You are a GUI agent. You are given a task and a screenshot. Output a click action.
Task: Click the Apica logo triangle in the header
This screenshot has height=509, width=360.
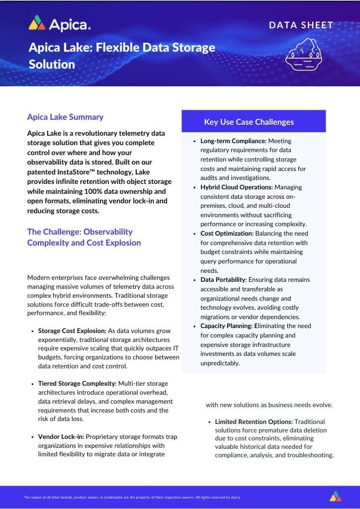[x=37, y=23]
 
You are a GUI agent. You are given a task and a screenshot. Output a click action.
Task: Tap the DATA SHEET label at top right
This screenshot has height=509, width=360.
[x=301, y=25]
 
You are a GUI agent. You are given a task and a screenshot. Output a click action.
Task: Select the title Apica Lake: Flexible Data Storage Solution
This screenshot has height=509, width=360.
[x=122, y=56]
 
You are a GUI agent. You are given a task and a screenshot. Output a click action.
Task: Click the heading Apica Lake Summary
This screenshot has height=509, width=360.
[x=65, y=117]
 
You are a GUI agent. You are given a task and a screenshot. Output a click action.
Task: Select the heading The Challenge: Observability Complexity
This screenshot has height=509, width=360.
[x=84, y=237]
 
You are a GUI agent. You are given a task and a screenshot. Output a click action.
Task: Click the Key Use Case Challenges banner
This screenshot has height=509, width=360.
[x=254, y=122]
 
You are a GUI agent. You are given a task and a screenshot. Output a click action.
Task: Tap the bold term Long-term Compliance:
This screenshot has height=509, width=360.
[x=233, y=141]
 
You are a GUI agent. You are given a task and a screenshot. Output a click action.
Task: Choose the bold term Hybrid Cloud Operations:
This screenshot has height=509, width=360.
[x=236, y=187]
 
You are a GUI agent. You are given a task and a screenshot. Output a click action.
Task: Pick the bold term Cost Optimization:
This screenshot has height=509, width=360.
[x=226, y=233]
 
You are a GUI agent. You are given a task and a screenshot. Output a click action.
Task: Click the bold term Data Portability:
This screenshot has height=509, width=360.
[x=223, y=280]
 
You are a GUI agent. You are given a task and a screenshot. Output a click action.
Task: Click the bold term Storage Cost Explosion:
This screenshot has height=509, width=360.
[x=72, y=331]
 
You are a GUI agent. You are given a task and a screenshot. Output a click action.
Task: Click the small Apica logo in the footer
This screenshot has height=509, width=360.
[x=335, y=497]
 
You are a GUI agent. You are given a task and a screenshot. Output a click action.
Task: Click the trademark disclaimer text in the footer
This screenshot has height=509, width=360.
[x=132, y=497]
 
